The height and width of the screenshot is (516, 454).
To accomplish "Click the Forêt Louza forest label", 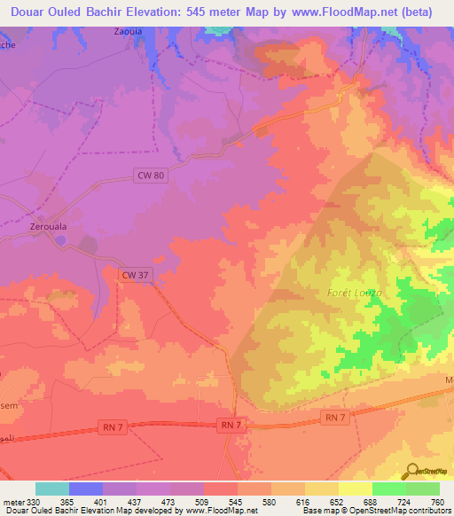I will click(355, 292).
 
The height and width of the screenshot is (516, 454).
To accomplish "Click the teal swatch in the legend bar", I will click(52, 489).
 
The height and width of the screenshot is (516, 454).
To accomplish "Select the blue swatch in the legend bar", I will click(86, 489).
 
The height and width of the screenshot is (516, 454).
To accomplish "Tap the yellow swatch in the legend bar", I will click(355, 489).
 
